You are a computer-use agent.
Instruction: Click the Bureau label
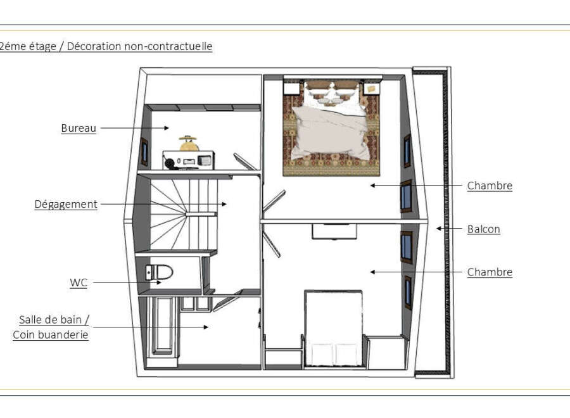(79, 128)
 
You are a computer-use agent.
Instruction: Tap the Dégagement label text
(66, 205)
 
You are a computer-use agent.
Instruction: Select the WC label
(79, 282)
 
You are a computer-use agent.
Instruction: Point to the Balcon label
(483, 229)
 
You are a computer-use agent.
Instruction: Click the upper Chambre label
(490, 186)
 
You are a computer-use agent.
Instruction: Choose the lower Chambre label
(490, 272)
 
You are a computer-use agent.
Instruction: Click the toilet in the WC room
(159, 272)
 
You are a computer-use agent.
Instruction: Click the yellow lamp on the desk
(188, 143)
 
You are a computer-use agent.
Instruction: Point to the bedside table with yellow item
(372, 88)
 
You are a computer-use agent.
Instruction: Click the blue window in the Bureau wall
(144, 152)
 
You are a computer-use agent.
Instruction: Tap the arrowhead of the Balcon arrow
(439, 229)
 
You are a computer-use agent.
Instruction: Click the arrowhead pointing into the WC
(158, 282)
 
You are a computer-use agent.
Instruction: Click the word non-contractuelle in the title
(168, 46)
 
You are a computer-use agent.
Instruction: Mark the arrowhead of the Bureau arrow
(167, 128)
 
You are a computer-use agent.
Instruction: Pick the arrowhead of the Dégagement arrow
(224, 205)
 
